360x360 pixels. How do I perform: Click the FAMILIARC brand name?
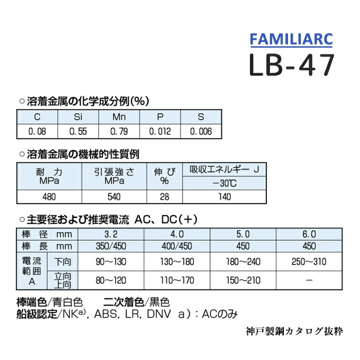(292, 39)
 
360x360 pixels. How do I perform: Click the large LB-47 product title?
(292, 65)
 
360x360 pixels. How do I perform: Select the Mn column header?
(119, 117)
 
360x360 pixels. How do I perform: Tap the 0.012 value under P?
(160, 131)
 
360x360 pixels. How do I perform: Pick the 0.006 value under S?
(201, 131)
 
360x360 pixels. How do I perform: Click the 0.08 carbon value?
(37, 131)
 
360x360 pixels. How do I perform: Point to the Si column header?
(78, 117)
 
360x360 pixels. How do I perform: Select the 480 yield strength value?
(49, 196)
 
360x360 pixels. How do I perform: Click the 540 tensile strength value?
(114, 196)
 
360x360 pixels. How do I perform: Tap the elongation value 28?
(165, 196)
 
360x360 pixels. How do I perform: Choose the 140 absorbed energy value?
(224, 196)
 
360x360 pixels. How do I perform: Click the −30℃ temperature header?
(224, 183)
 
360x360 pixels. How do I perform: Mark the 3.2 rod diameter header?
(111, 234)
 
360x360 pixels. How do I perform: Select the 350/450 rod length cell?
(111, 246)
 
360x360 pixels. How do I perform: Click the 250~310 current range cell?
(309, 262)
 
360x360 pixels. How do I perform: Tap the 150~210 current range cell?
(243, 280)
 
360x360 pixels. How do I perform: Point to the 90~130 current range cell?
(111, 262)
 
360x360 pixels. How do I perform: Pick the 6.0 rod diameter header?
(309, 234)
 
